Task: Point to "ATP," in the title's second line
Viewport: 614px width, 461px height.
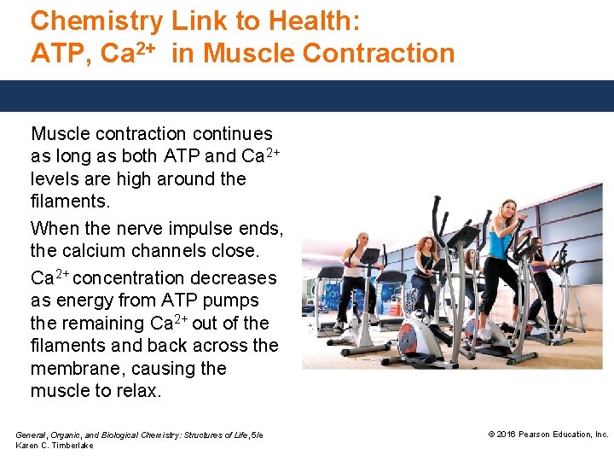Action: pos(61,53)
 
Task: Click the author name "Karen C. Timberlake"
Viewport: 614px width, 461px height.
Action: pos(55,446)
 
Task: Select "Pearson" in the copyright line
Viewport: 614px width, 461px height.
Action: pos(538,435)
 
